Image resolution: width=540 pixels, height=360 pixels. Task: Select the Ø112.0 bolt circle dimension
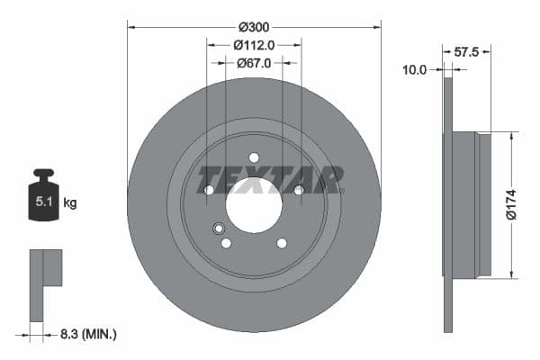coord(254,45)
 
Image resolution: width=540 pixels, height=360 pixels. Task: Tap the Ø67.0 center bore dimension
coord(254,63)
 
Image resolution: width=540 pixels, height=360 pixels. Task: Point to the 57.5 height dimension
coord(465,52)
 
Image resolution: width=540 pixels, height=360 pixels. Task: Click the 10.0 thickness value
coord(413,68)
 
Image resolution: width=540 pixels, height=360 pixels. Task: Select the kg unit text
coord(70,203)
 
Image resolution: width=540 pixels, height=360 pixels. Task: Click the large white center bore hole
coord(254,205)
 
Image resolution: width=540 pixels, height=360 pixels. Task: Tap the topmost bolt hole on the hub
coord(254,157)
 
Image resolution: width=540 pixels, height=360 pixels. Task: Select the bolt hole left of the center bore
coord(209,190)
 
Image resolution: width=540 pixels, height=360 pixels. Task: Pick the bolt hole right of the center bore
coord(299,189)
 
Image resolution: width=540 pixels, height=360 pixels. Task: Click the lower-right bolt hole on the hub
coord(282,243)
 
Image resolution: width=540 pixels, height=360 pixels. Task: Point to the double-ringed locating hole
coord(218,229)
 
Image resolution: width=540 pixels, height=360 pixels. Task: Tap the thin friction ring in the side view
coord(447,205)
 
